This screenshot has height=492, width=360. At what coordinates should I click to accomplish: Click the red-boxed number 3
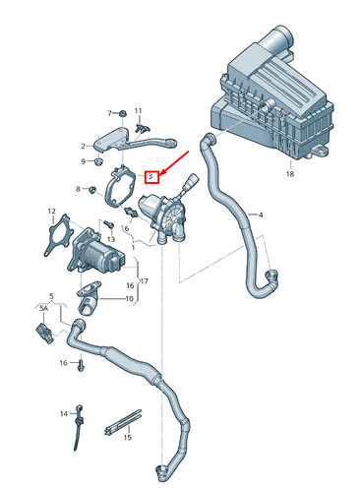click(150, 177)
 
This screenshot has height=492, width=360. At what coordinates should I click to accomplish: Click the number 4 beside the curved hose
click(261, 214)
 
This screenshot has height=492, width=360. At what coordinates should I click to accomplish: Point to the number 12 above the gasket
click(51, 211)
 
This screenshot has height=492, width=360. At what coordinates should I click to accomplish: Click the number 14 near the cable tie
click(64, 412)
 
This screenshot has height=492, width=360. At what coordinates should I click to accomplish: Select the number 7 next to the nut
click(110, 113)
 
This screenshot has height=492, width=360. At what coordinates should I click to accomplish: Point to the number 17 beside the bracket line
click(144, 280)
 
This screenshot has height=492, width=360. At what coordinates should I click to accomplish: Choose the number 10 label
click(128, 298)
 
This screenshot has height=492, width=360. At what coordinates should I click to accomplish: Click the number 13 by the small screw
click(110, 240)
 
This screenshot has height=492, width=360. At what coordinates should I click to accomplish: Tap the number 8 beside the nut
click(78, 188)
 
